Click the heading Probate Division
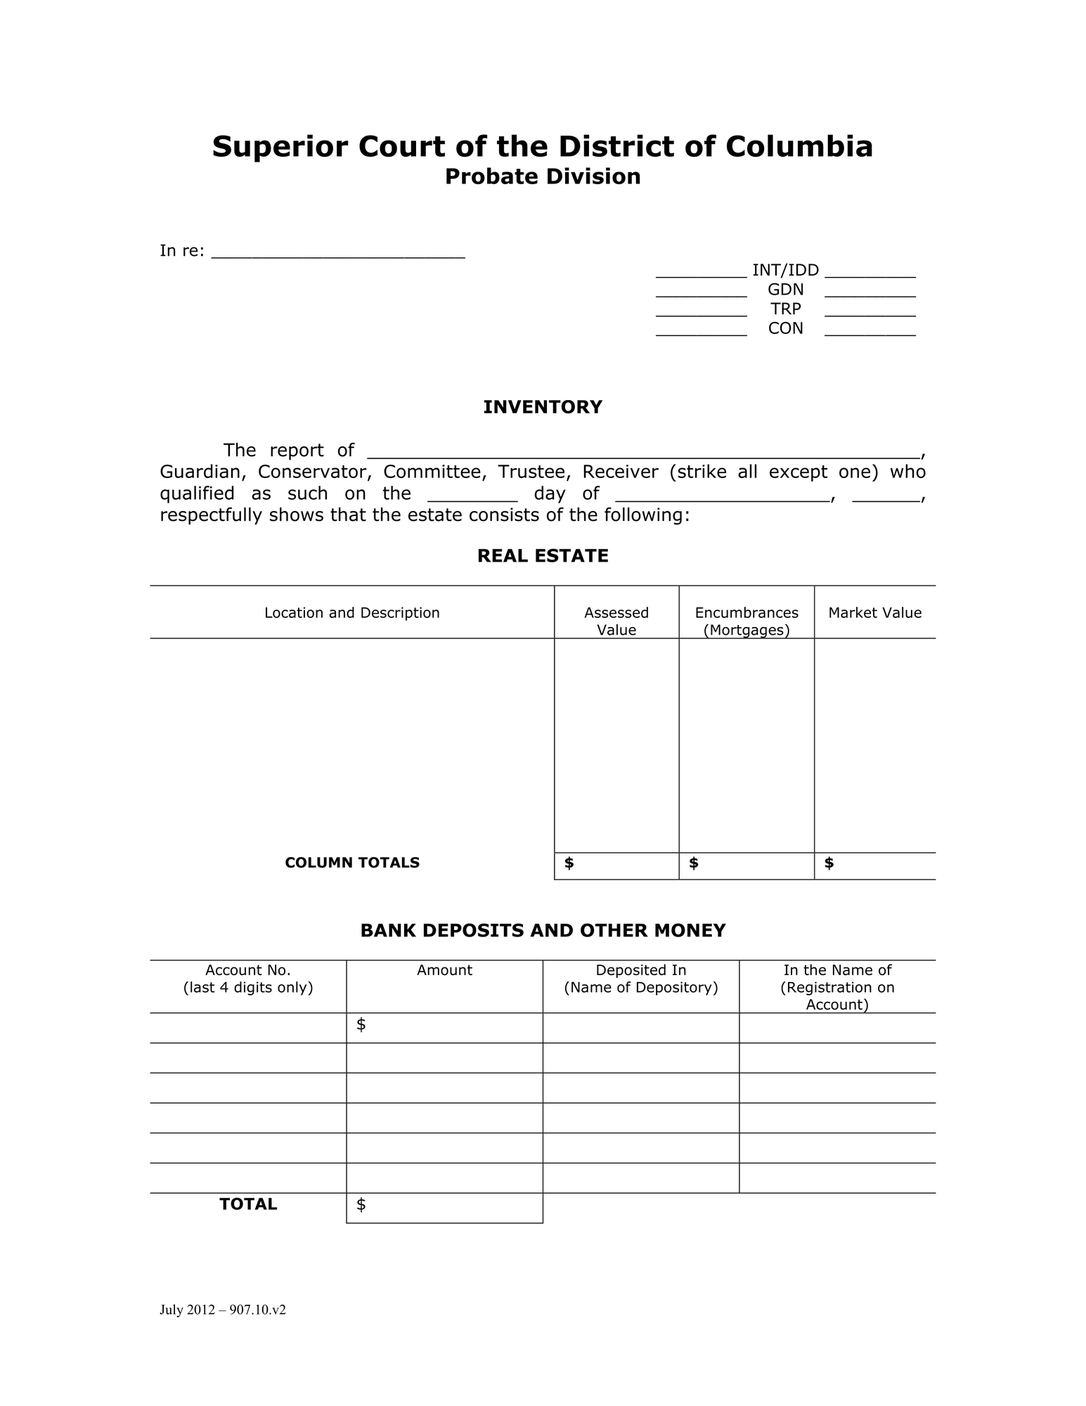[543, 176]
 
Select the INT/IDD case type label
[785, 271]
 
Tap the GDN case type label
[785, 290]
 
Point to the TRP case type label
[785, 309]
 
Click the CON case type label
[785, 328]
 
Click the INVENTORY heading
[543, 407]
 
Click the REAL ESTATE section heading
[543, 556]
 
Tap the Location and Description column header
[351, 613]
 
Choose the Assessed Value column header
[616, 621]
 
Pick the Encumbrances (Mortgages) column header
[746, 621]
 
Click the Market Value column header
[874, 613]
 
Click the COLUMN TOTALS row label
[351, 863]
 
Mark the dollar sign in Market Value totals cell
[829, 863]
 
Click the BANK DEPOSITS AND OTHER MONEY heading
[543, 931]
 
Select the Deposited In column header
[640, 979]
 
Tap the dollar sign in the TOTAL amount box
[361, 1205]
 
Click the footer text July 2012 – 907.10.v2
[223, 1310]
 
